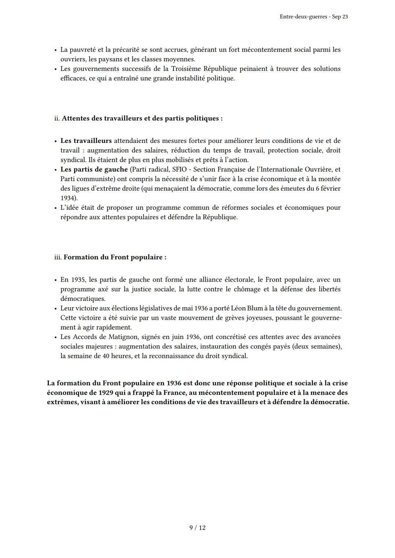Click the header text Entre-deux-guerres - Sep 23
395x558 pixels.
pyautogui.click(x=313, y=17)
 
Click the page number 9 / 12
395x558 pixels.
pyautogui.click(x=197, y=528)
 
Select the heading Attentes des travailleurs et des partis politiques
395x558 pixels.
pyautogui.click(x=142, y=118)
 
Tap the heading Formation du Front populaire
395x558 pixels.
pyautogui.click(x=114, y=257)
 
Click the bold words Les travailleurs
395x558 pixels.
pyautogui.click(x=86, y=141)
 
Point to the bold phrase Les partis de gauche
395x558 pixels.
pyautogui.click(x=94, y=170)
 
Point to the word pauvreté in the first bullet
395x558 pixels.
pyautogui.click(x=83, y=50)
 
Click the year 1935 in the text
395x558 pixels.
pyautogui.click(x=78, y=280)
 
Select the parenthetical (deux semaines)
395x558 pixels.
pyautogui.click(x=317, y=346)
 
